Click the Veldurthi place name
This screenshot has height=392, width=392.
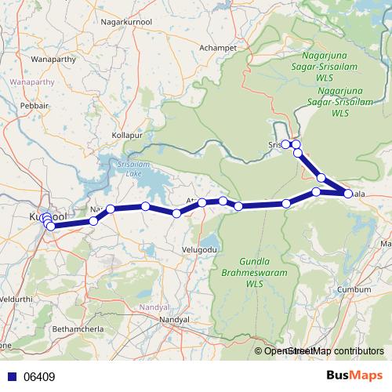(17, 299)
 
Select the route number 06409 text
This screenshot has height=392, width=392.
(39, 377)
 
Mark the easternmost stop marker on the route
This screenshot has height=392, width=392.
(347, 193)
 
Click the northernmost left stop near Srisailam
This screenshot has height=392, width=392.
(287, 144)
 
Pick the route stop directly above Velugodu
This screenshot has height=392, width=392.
(202, 203)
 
